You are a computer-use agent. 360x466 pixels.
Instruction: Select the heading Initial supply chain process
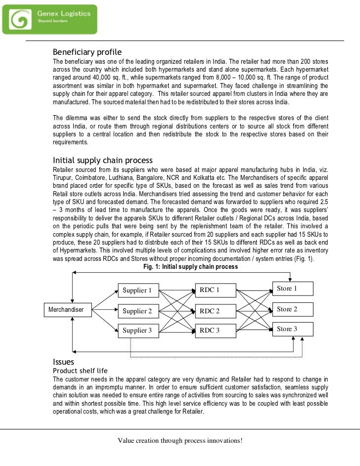(102, 161)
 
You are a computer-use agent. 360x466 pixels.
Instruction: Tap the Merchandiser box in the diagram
(65, 310)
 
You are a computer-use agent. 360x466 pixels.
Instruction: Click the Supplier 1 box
(137, 290)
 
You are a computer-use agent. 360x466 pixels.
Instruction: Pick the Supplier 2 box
(137, 311)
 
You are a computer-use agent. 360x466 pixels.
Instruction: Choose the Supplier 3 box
(137, 330)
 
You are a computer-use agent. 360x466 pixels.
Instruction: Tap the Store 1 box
(292, 288)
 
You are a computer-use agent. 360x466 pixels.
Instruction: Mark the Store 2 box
(292, 309)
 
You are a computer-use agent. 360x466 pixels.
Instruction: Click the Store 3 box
(292, 329)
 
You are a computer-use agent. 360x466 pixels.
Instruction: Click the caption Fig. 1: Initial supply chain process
(190, 267)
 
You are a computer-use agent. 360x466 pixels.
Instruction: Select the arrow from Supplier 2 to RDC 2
(175, 311)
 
